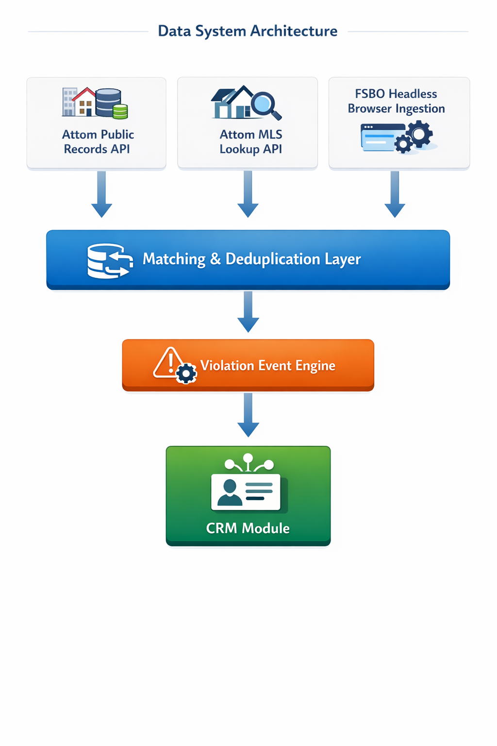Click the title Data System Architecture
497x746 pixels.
tap(248, 31)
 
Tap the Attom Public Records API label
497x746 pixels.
tap(98, 142)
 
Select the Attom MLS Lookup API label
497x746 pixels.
tap(250, 142)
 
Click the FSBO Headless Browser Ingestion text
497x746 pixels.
tap(396, 101)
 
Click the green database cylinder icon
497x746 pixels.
tap(120, 112)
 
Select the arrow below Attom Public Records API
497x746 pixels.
tap(101, 194)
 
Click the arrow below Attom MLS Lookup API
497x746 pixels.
tap(248, 194)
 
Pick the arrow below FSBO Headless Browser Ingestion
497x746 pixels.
tap(395, 194)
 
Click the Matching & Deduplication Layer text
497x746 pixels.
tap(251, 259)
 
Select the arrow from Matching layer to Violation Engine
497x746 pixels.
tap(248, 312)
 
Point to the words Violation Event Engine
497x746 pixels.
tap(267, 366)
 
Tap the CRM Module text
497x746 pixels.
tap(248, 528)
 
